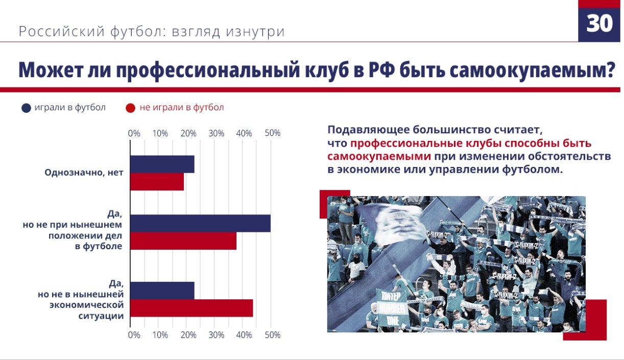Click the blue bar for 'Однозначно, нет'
tap(162, 164)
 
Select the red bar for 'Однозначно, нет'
tap(157, 182)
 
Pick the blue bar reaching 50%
tap(200, 224)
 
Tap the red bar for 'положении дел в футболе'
tap(183, 241)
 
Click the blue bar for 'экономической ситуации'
tap(162, 290)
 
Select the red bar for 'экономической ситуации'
tap(191, 308)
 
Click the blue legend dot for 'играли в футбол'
tap(27, 108)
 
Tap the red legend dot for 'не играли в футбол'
tap(131, 108)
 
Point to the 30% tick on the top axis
tap(217, 133)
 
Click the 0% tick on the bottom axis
tap(134, 335)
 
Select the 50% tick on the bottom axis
tap(273, 335)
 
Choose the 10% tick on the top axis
tap(160, 133)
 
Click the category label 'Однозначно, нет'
tap(84, 173)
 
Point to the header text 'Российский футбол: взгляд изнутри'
tap(152, 32)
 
